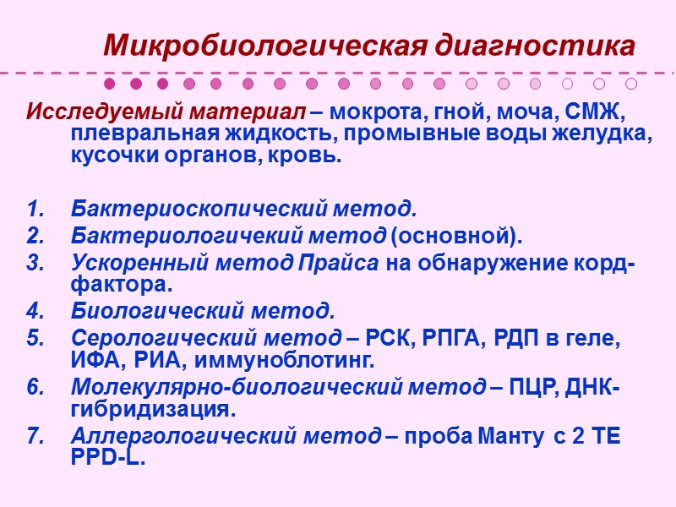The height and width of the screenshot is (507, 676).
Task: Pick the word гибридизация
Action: tap(149, 411)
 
